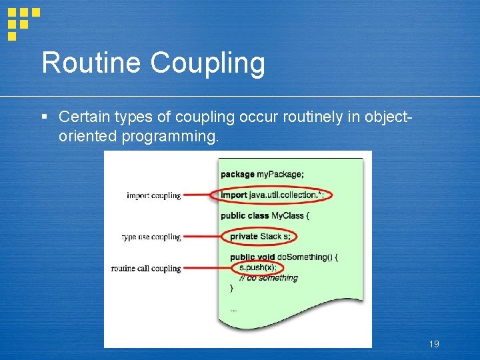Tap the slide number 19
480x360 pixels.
pos(434,344)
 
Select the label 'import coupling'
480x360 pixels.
pos(153,195)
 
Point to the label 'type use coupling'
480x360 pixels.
pos(151,237)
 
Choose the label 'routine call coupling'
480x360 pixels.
pos(146,269)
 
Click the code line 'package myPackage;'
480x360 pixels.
pos(262,174)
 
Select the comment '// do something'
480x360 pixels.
pos(268,278)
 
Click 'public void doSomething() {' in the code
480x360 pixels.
pos(284,257)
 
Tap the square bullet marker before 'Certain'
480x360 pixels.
pos(45,117)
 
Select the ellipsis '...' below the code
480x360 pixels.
pos(233,310)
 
